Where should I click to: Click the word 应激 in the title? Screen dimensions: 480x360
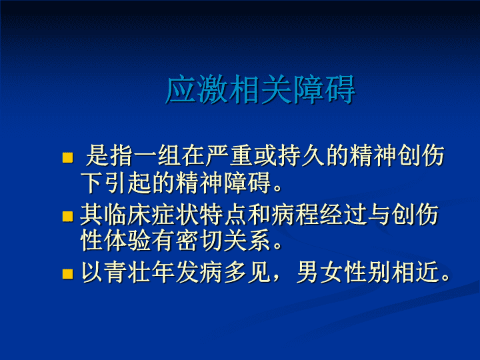[x=197, y=89]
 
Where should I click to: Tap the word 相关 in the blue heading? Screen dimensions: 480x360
[x=260, y=89]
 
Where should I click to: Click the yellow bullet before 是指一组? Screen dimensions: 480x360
[x=67, y=157]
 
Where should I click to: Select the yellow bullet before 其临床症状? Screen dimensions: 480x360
[x=67, y=216]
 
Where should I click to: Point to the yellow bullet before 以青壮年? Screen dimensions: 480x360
[x=67, y=274]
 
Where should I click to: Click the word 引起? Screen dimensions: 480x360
[x=128, y=183]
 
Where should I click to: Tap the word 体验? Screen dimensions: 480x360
[x=127, y=241]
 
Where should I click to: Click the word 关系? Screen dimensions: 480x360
[x=247, y=241]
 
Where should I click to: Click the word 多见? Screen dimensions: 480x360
[x=247, y=272]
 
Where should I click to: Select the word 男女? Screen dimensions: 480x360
[x=320, y=272]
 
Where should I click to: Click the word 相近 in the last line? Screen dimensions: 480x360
[x=415, y=272]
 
